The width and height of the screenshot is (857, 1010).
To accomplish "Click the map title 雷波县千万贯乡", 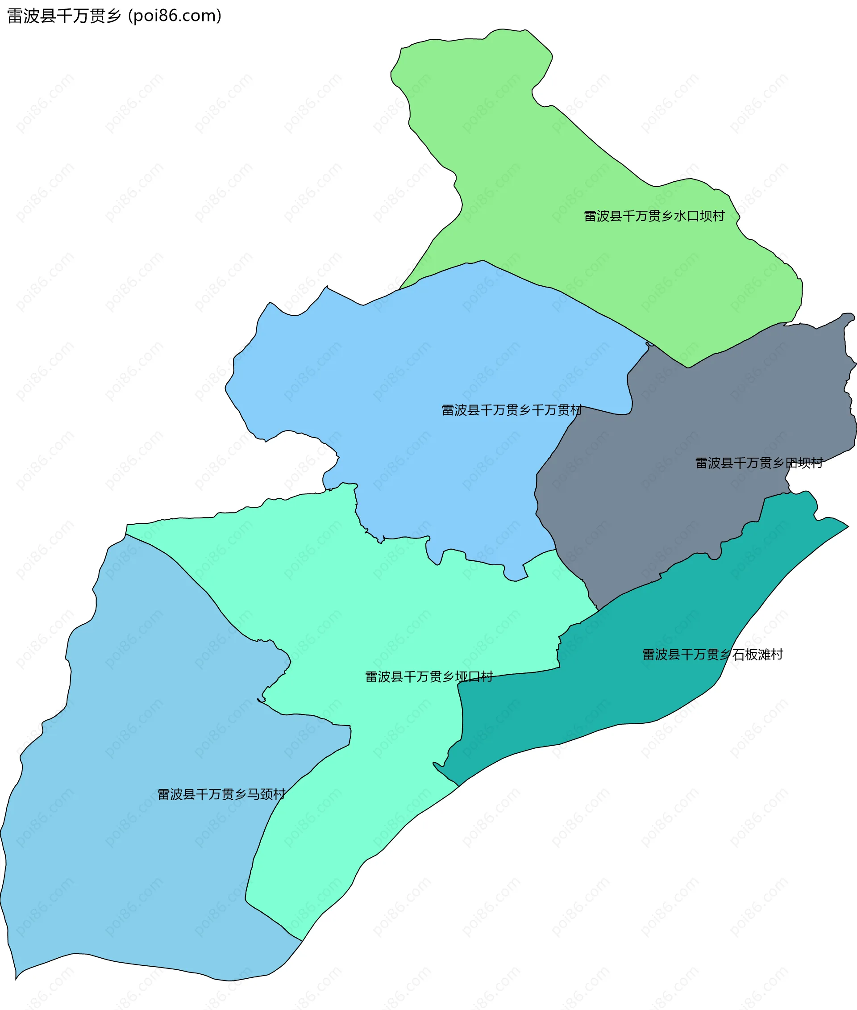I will tap(63, 16).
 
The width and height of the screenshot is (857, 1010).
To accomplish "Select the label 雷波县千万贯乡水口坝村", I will tap(654, 216).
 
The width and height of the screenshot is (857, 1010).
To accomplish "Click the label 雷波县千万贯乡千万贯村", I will tap(512, 410).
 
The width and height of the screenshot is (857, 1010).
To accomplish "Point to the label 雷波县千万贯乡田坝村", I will tap(759, 463).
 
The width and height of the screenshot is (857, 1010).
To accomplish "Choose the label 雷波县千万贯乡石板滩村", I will tap(713, 655).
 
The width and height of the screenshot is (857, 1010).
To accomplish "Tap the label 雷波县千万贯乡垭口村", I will tap(429, 676).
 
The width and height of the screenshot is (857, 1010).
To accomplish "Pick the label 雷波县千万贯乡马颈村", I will tap(221, 794).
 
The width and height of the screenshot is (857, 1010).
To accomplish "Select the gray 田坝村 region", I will tap(680, 486).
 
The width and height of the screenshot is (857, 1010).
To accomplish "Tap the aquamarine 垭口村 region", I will tap(389, 608).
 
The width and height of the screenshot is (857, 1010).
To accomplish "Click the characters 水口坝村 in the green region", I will tap(699, 216).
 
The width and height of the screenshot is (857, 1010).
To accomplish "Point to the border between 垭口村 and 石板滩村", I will tap(510, 674).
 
